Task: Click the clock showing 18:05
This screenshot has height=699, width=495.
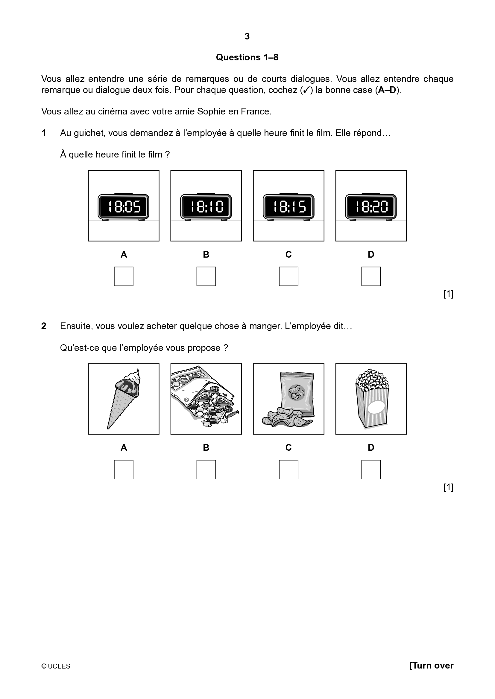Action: pos(123,207)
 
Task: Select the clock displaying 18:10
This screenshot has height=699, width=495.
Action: pos(206,207)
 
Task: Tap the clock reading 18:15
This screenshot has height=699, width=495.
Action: pos(289,207)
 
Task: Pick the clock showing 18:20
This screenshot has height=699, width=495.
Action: pos(371,207)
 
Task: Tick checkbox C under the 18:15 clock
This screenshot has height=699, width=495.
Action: pos(289,276)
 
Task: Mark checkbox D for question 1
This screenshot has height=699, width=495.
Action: pos(371,276)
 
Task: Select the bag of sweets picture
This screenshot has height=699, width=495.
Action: pos(206,399)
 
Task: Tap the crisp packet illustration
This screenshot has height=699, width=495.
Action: pos(289,399)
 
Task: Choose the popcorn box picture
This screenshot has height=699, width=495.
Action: pos(371,399)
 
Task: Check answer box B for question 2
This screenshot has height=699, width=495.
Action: pos(206,469)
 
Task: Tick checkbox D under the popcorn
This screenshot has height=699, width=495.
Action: pos(371,469)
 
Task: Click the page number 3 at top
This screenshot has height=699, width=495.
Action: pos(247,36)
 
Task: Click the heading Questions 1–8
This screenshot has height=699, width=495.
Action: pos(247,57)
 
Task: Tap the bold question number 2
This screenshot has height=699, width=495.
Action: pos(44,326)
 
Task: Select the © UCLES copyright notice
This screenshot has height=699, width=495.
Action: pos(56,666)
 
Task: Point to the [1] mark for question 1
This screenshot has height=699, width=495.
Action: pos(448,294)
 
